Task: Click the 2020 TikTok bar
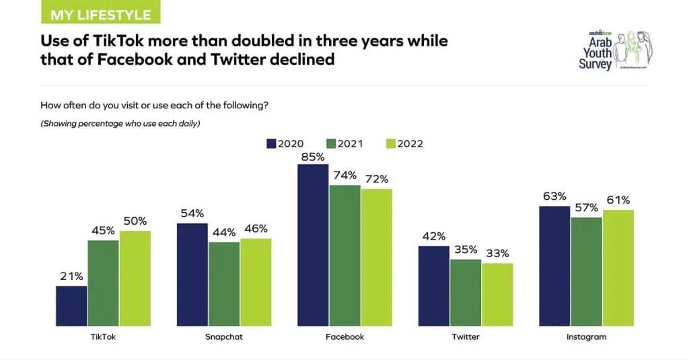(x=71, y=305)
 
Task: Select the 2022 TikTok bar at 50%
(x=135, y=277)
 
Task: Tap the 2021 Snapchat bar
(x=224, y=283)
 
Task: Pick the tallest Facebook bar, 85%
(x=313, y=244)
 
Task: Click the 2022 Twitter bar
(x=497, y=293)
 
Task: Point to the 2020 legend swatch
(x=272, y=143)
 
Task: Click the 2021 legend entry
(x=344, y=143)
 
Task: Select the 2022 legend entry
(x=404, y=143)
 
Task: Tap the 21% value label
(x=71, y=276)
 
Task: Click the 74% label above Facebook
(x=344, y=175)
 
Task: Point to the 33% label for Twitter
(x=497, y=254)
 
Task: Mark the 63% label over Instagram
(x=555, y=196)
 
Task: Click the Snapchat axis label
(x=224, y=336)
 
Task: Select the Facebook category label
(x=344, y=336)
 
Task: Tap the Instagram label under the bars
(x=587, y=336)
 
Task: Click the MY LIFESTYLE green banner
(x=101, y=13)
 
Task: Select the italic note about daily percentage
(x=120, y=123)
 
